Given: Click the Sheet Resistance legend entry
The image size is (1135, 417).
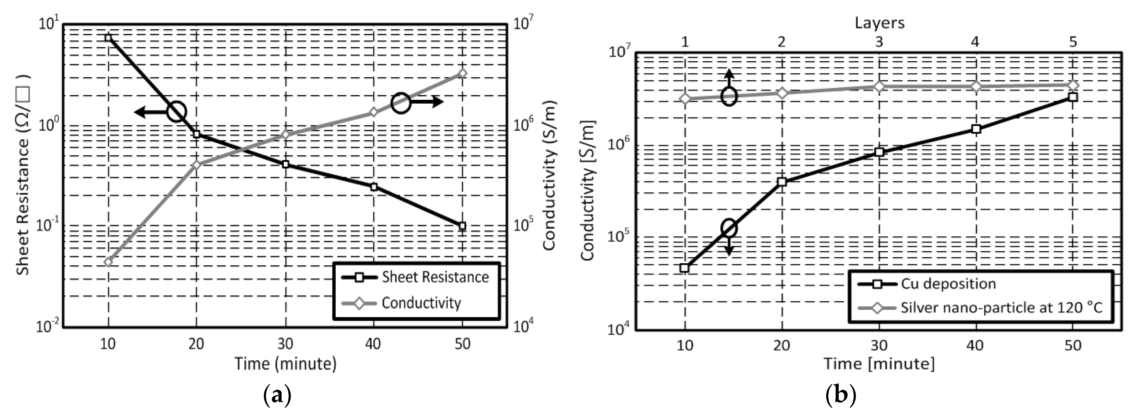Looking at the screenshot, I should [434, 277].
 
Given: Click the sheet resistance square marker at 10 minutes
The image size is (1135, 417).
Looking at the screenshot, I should [108, 38].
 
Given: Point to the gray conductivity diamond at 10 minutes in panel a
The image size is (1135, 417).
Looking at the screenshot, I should [108, 262].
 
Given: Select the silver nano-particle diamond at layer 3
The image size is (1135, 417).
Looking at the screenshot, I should [879, 86].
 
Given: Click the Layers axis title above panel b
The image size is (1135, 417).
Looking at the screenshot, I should [879, 23].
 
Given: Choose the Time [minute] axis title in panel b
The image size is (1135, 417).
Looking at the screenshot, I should [879, 364].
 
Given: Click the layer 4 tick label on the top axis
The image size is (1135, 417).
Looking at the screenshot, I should [975, 42].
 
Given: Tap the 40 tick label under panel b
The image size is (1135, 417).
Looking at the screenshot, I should [975, 345].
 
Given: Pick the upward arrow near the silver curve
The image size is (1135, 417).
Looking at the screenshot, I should [729, 79].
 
